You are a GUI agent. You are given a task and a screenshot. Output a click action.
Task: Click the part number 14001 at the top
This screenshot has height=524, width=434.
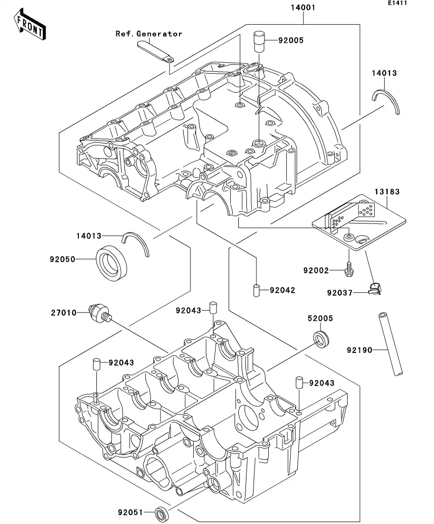[303, 8]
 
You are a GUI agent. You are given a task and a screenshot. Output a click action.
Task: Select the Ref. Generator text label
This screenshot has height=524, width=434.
[149, 34]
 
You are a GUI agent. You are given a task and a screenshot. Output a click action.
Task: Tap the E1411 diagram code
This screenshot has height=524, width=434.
[397, 3]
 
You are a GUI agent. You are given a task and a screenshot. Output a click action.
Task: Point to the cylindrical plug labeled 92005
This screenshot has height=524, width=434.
[259, 41]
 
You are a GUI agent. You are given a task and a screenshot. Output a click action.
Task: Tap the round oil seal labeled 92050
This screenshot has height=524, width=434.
[112, 264]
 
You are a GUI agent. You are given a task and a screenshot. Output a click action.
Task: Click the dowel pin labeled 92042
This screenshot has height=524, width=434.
[255, 290]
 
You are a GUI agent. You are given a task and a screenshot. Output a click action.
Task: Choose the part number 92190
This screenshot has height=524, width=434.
[359, 351]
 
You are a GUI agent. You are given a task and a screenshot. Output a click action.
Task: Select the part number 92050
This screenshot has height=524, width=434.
[62, 259]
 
